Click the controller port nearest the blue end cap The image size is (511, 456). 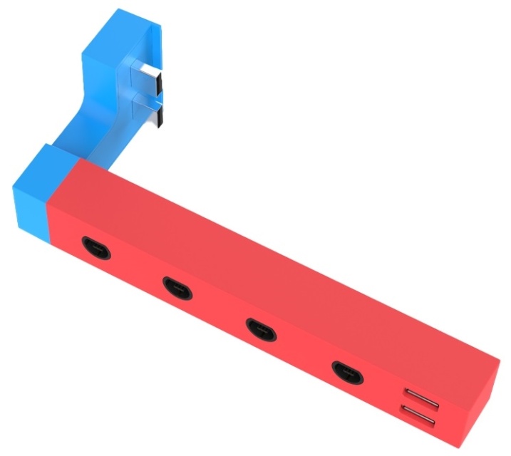point(95,247)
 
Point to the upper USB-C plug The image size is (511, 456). point(149,78)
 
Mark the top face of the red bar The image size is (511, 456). point(285,256)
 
